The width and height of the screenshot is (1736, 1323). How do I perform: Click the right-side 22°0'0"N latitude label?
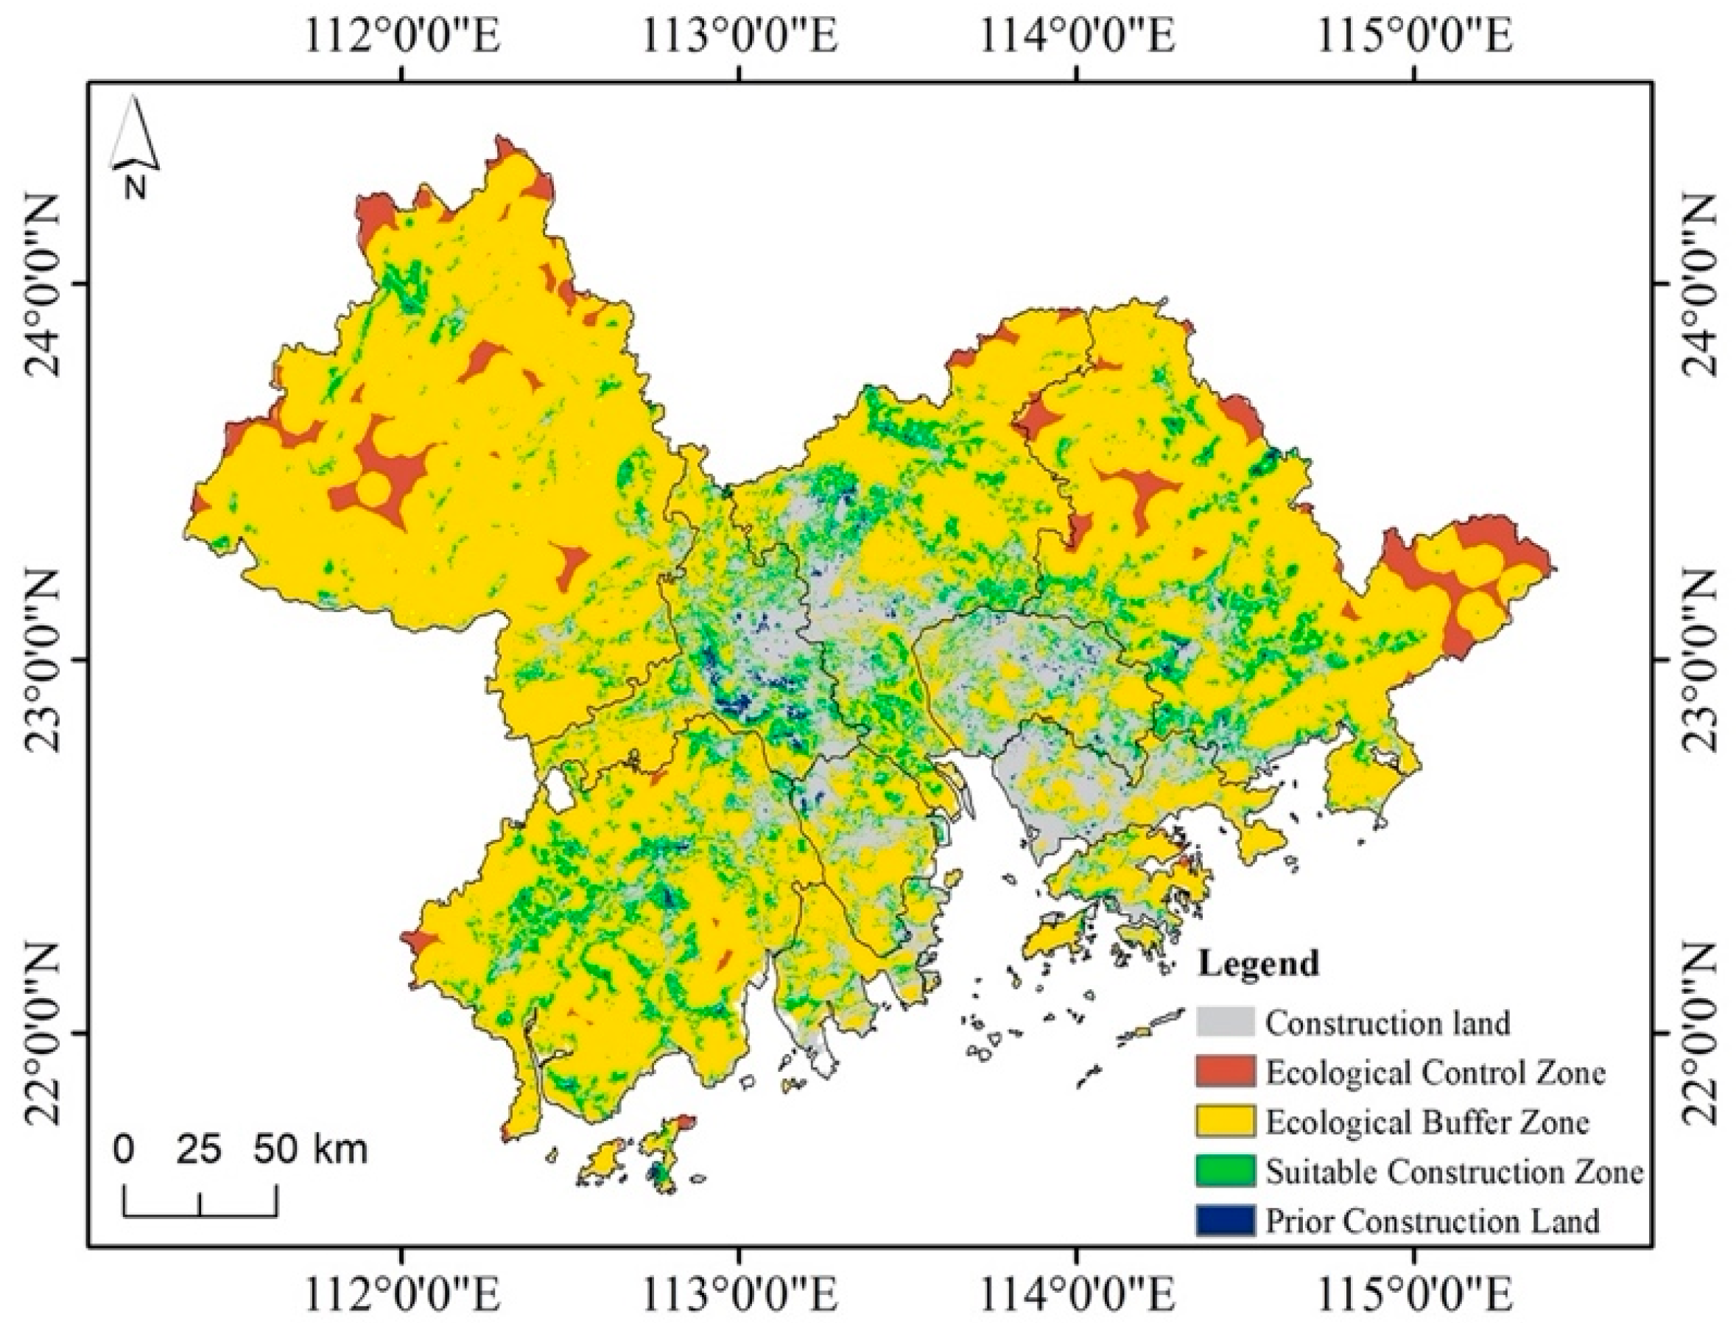pos(1701,1034)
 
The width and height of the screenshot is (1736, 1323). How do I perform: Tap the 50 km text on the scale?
pos(310,1150)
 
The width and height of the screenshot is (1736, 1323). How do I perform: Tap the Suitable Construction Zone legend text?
pos(1453,1171)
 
